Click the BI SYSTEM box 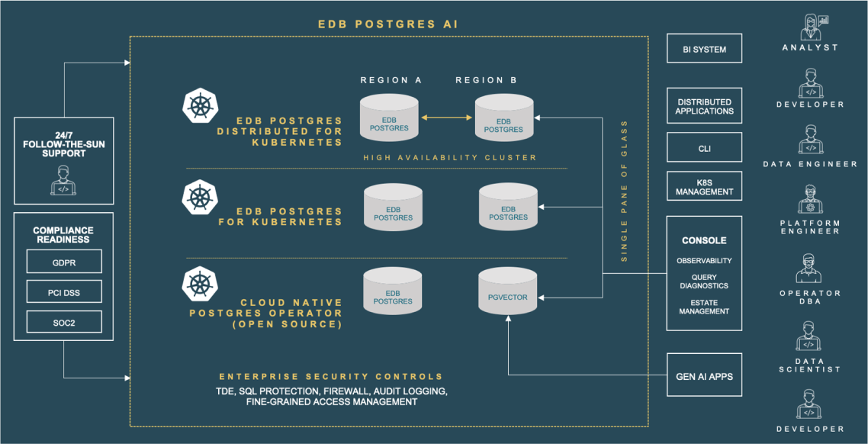[704, 49]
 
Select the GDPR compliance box [63, 262]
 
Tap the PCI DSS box [63, 292]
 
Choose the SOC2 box [63, 323]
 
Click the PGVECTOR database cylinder [508, 292]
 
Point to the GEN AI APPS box [704, 376]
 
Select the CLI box [704, 148]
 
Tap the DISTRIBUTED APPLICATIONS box [704, 106]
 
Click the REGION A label [391, 80]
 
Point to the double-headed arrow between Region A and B [447, 117]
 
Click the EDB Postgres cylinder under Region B [504, 120]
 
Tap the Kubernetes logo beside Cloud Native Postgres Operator [201, 283]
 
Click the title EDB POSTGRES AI [388, 24]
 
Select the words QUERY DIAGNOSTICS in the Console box [704, 282]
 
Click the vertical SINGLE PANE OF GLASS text [625, 191]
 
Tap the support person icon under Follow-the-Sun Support [63, 183]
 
